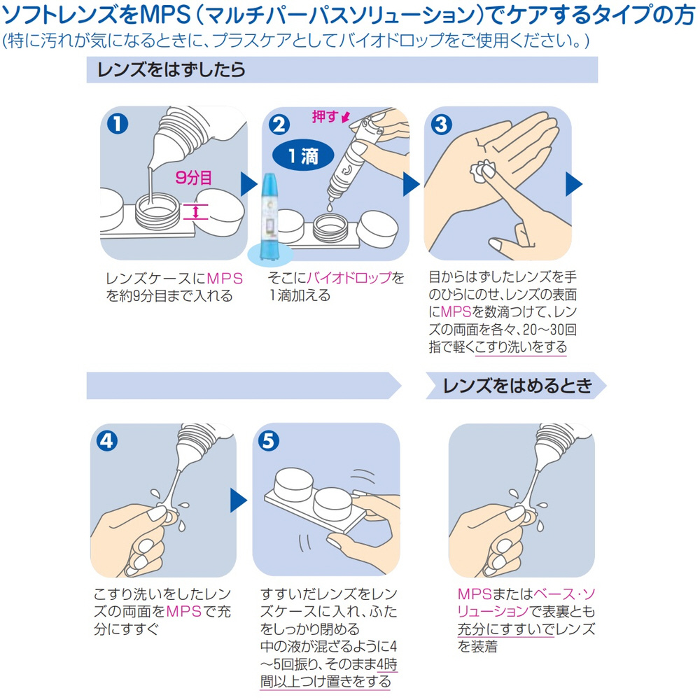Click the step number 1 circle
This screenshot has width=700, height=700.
coord(118,124)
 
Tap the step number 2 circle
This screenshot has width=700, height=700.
coord(279,125)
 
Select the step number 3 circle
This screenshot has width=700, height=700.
coord(441,125)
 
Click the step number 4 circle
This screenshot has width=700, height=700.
coord(107,441)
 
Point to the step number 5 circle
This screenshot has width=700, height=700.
coord(269,441)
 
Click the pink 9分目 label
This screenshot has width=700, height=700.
coord(193,178)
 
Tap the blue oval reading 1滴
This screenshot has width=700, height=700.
coord(303,156)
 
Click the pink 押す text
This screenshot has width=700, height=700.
coord(325,116)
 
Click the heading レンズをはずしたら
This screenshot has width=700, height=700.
coord(171,69)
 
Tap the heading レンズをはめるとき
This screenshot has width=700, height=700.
coord(517,386)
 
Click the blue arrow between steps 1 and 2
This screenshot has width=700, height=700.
coord(249,184)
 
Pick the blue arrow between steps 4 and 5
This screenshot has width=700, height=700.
coord(239,500)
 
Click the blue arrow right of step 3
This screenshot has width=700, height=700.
coord(574,184)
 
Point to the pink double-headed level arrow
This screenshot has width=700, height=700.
coord(195,211)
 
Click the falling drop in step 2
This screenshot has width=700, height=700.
coord(329,207)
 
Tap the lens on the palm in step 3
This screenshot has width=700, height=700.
coord(482,172)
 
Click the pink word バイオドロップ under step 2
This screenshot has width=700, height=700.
coord(349,278)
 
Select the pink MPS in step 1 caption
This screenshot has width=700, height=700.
coord(225,279)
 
